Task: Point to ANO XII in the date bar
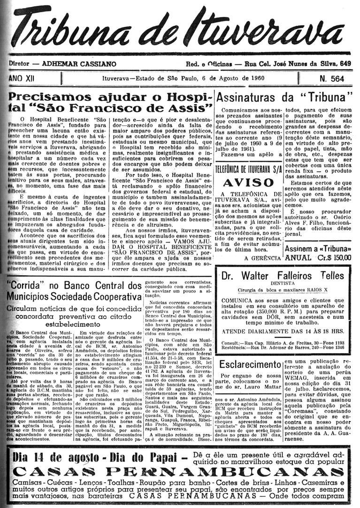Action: click(x=22, y=77)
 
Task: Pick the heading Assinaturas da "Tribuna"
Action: click(x=285, y=98)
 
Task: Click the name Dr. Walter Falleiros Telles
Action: click(x=282, y=275)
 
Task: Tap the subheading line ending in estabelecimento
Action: click(x=74, y=323)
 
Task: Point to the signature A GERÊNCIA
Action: click(x=263, y=258)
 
